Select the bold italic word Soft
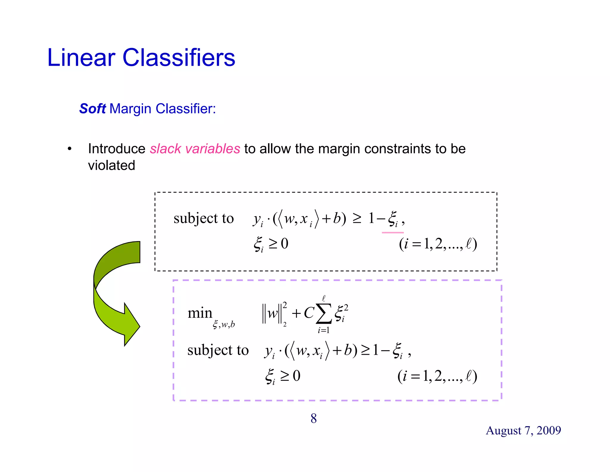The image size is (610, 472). tap(92, 109)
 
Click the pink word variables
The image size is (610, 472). tap(212, 149)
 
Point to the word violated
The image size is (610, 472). tap(111, 165)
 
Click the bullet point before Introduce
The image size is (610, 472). tap(69, 149)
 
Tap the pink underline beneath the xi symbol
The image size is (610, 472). tap(393, 232)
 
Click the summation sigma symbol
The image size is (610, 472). tap(324, 314)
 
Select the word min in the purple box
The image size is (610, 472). tap(200, 313)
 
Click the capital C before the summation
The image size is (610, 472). tap(309, 313)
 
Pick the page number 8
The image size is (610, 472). tap(314, 418)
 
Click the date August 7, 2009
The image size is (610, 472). tap(523, 431)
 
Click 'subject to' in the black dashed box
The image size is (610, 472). tap(203, 218)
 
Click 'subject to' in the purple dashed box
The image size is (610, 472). tap(218, 350)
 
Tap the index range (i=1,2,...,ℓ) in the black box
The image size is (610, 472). tap(438, 244)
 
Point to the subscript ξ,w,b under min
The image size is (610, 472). tap(224, 324)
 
